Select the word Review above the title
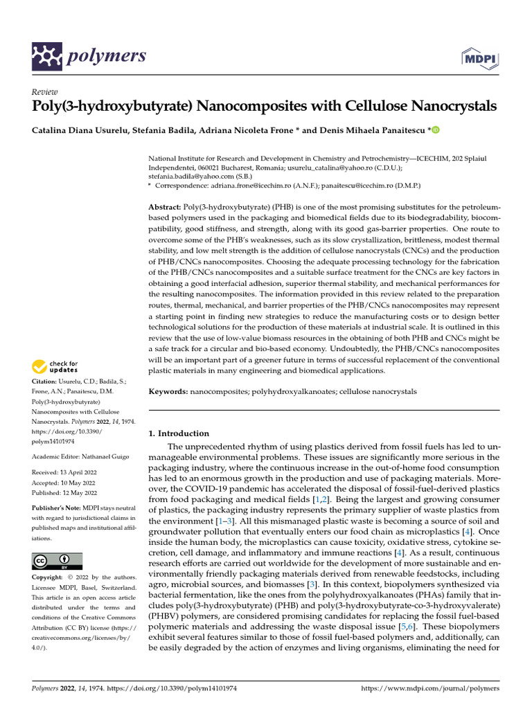click(x=45, y=93)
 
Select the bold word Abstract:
click(x=165, y=208)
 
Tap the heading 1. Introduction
click(x=179, y=433)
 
